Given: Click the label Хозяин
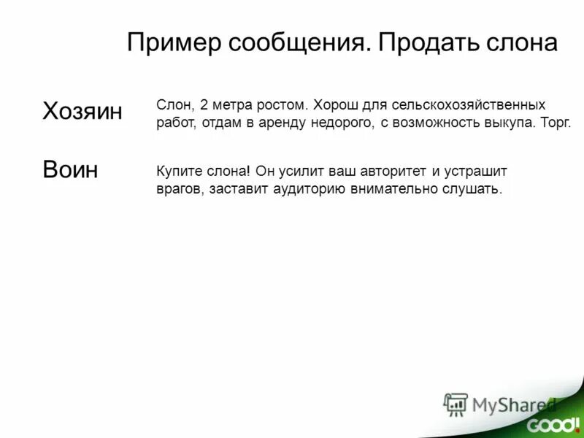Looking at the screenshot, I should pyautogui.click(x=82, y=111).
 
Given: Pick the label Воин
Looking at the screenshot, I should pyautogui.click(x=70, y=169).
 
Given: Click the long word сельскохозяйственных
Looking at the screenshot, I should pyautogui.click(x=468, y=106).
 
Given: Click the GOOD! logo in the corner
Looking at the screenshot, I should pyautogui.click(x=553, y=423).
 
